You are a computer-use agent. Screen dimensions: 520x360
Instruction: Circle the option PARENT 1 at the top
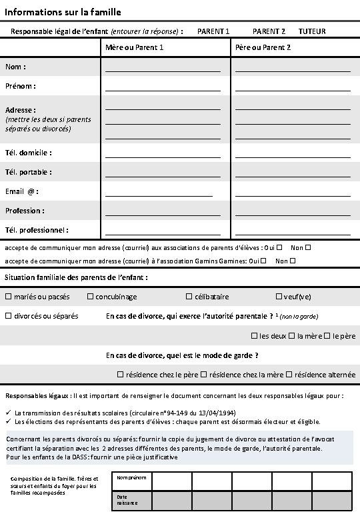pos(213,31)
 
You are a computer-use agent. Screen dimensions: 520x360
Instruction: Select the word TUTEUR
pos(312,31)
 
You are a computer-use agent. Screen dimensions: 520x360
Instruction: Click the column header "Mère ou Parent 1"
pos(135,48)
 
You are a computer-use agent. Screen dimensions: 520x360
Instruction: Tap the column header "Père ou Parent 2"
pos(263,48)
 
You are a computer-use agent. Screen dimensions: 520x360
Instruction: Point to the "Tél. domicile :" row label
pos(29,153)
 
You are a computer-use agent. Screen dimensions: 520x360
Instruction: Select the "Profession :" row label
pos(25,211)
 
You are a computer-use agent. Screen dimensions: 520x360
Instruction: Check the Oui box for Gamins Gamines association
pos(265,261)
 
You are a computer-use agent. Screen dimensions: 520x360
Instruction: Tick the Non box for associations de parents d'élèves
pos(308,247)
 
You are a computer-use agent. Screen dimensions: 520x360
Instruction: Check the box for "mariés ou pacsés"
pos(9,297)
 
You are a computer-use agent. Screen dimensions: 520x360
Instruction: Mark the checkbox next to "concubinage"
pos(91,297)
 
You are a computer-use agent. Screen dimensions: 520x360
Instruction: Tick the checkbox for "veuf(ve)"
pos(279,297)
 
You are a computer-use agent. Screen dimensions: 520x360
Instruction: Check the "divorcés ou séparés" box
pos(9,316)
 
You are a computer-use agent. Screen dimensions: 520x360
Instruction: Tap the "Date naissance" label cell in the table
pos(126,500)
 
